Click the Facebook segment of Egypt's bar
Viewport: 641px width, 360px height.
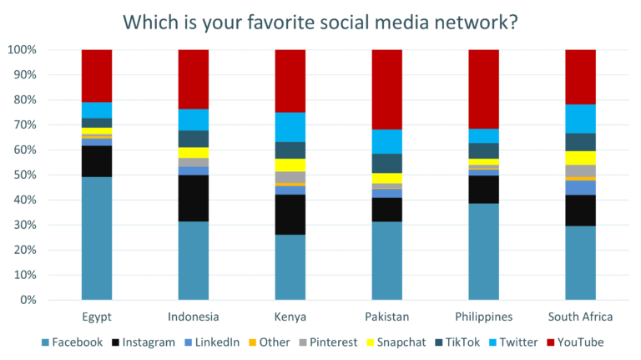coord(97,238)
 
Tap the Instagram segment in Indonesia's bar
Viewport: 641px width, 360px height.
coord(194,199)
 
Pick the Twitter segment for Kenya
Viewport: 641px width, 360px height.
coord(290,127)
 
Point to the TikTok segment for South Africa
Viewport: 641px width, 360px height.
coord(580,142)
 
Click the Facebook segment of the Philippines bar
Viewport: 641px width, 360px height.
coord(483,251)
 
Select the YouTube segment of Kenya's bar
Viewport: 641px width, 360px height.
coord(290,81)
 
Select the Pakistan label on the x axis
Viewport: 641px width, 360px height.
coord(386,317)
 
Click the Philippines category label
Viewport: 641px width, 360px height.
coord(483,317)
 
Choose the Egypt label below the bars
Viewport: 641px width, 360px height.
coord(97,317)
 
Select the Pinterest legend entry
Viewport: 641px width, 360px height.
coord(328,342)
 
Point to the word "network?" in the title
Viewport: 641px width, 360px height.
coord(477,20)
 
